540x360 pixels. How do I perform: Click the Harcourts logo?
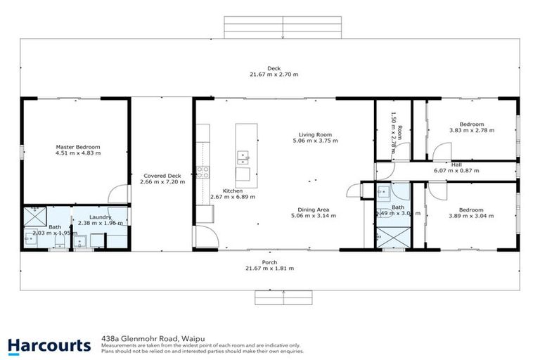click(49, 345)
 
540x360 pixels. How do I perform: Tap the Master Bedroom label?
click(78, 147)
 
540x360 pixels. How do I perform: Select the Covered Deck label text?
click(162, 176)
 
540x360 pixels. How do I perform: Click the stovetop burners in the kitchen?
click(203, 169)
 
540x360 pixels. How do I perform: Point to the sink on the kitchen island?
click(243, 156)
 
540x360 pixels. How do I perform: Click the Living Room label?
click(315, 134)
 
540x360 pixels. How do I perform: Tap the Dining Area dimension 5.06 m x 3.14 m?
click(314, 216)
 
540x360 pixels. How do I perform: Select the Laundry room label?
click(99, 217)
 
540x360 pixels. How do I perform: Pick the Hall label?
click(456, 164)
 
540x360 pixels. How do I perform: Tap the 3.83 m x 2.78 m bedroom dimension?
click(471, 130)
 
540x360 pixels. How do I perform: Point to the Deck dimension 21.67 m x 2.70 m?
click(274, 75)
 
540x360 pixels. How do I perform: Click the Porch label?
click(269, 262)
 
